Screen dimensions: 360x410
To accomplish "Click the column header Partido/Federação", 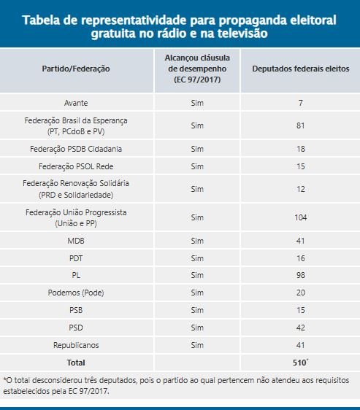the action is click(x=76, y=69).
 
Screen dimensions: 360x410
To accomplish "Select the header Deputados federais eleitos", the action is click(x=301, y=69).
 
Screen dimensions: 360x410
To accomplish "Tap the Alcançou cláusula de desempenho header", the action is click(x=197, y=69).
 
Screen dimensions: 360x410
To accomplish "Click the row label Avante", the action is click(x=76, y=103).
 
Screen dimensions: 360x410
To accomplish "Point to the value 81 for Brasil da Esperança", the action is click(x=301, y=125).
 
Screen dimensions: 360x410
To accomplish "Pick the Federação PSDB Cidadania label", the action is click(x=76, y=149).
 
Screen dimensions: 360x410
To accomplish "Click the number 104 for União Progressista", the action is click(x=301, y=217).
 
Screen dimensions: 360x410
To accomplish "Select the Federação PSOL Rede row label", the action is click(x=76, y=166).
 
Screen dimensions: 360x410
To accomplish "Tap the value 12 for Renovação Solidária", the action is click(x=301, y=189).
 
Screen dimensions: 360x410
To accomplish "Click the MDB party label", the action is click(x=76, y=241).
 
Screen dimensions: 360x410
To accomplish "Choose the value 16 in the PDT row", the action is click(x=301, y=258).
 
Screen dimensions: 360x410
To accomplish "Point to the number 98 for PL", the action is click(x=301, y=275).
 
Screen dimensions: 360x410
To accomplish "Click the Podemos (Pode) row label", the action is click(x=76, y=293).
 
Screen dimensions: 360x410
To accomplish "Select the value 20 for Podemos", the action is click(x=301, y=293).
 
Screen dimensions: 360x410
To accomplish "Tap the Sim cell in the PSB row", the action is click(x=197, y=310).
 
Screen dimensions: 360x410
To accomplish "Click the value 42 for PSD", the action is click(x=301, y=328).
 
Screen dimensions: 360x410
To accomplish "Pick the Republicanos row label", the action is click(x=76, y=345).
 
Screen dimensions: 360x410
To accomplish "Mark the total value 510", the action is click(x=299, y=363).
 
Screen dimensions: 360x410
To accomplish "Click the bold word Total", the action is click(x=76, y=363).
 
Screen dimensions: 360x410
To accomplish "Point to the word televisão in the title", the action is click(x=242, y=34).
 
